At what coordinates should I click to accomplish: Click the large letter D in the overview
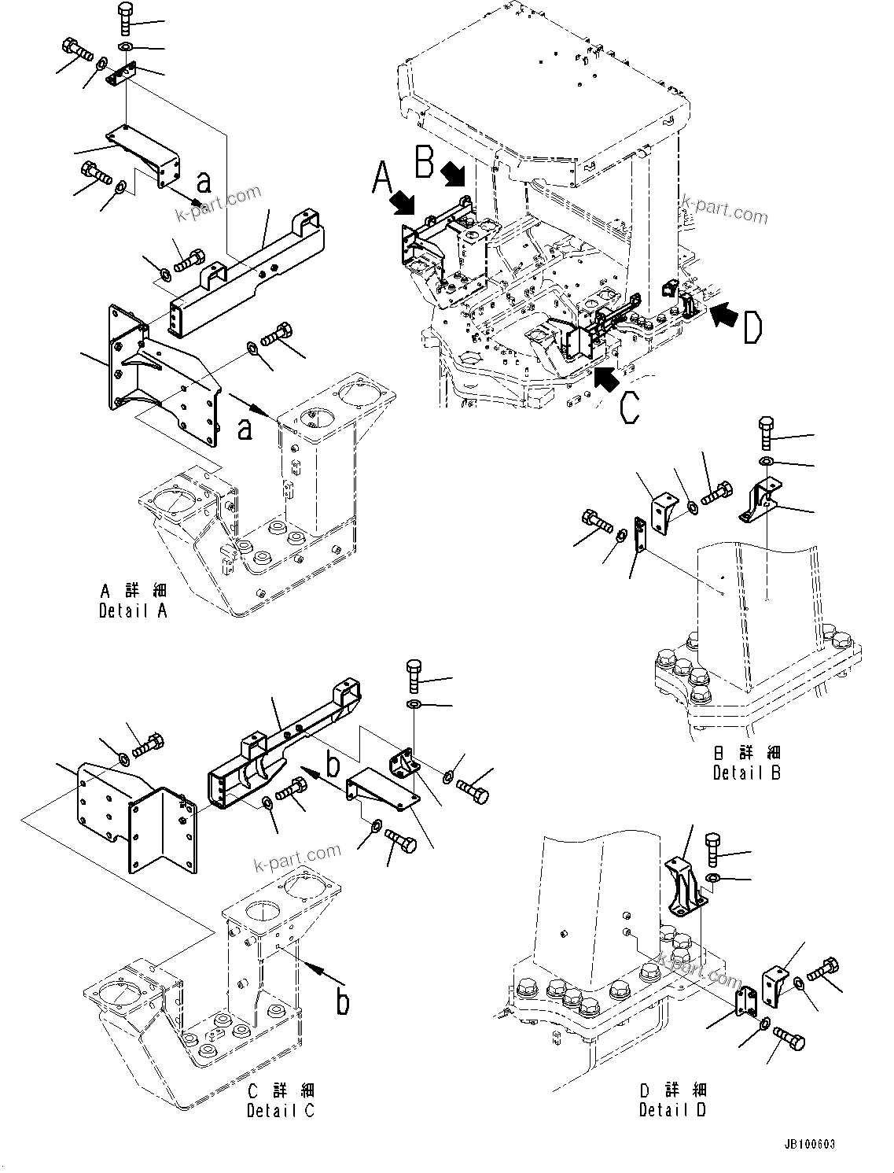752,327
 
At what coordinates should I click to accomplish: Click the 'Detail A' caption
133,601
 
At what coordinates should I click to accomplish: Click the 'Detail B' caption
746,763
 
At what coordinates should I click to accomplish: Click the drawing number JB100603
809,1143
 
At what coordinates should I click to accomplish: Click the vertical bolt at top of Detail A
126,18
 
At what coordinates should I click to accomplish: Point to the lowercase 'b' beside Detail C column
343,1001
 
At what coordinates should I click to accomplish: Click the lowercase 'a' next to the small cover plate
204,182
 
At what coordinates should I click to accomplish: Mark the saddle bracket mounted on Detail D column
683,887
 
